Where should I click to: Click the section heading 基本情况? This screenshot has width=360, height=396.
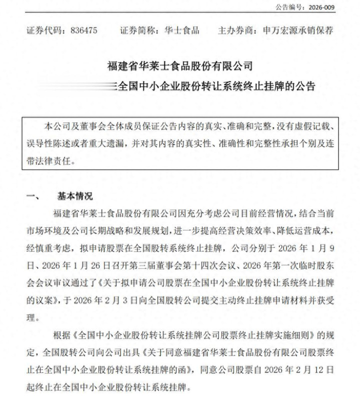pyautogui.click(x=75, y=196)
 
